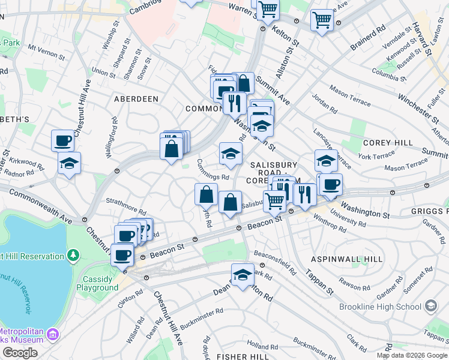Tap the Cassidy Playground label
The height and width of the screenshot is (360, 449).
point(97,283)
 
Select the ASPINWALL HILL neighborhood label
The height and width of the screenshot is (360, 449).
point(346,259)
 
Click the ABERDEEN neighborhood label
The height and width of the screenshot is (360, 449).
point(136,98)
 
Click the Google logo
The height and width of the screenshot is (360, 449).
point(20,353)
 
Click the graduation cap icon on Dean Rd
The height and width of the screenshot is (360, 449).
point(243,275)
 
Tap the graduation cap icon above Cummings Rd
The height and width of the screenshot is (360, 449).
point(231,154)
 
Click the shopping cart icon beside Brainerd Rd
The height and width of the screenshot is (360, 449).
point(322,20)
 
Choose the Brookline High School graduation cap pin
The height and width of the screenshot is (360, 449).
point(430,307)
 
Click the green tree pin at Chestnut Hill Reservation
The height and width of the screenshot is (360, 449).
point(74,256)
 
